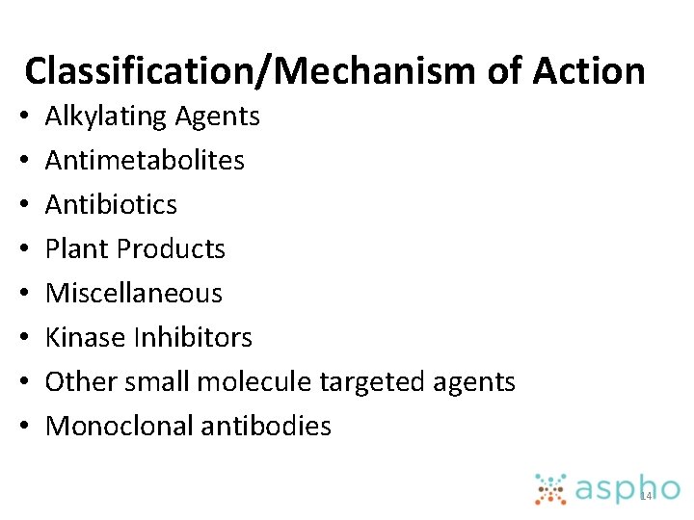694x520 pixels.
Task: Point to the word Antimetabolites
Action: (145, 160)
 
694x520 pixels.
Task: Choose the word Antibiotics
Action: (112, 204)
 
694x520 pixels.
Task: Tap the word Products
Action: (170, 248)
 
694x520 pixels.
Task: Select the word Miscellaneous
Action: (134, 293)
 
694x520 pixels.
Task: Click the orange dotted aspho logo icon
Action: (551, 488)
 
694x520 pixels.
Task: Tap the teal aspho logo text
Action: (627, 489)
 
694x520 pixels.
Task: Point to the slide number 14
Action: (646, 495)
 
